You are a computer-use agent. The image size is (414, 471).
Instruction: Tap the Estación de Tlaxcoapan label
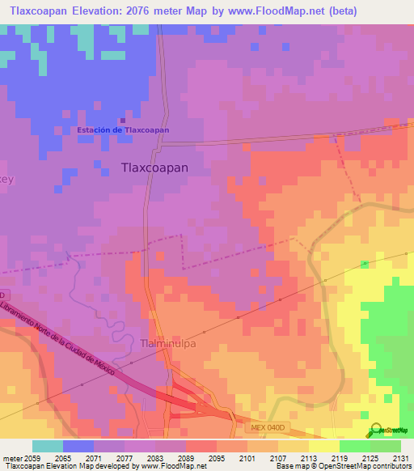(123, 130)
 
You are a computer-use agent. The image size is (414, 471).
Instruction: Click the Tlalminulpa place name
(169, 342)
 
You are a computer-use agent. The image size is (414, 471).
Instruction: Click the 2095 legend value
(215, 458)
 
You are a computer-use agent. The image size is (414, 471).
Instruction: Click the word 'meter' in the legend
(13, 458)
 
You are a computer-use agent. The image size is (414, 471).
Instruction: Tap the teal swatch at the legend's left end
(48, 446)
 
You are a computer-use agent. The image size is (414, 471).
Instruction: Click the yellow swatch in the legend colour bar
(324, 446)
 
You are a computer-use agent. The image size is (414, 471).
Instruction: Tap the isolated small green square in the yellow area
(364, 264)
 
